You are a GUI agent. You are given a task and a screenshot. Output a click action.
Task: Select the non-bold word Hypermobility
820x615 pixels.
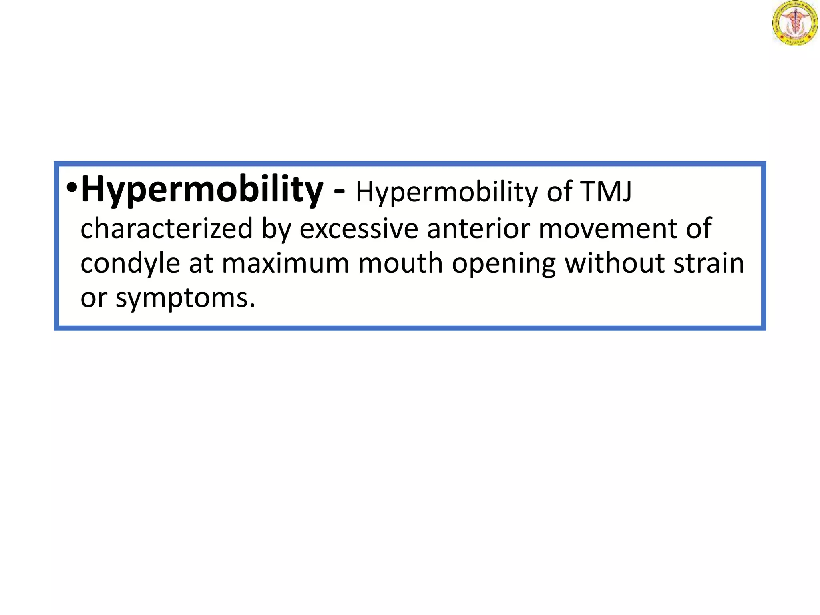(x=447, y=193)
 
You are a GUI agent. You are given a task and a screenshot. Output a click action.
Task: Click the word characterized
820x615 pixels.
(x=167, y=228)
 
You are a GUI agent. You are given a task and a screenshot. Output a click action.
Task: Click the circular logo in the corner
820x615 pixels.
(x=795, y=23)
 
